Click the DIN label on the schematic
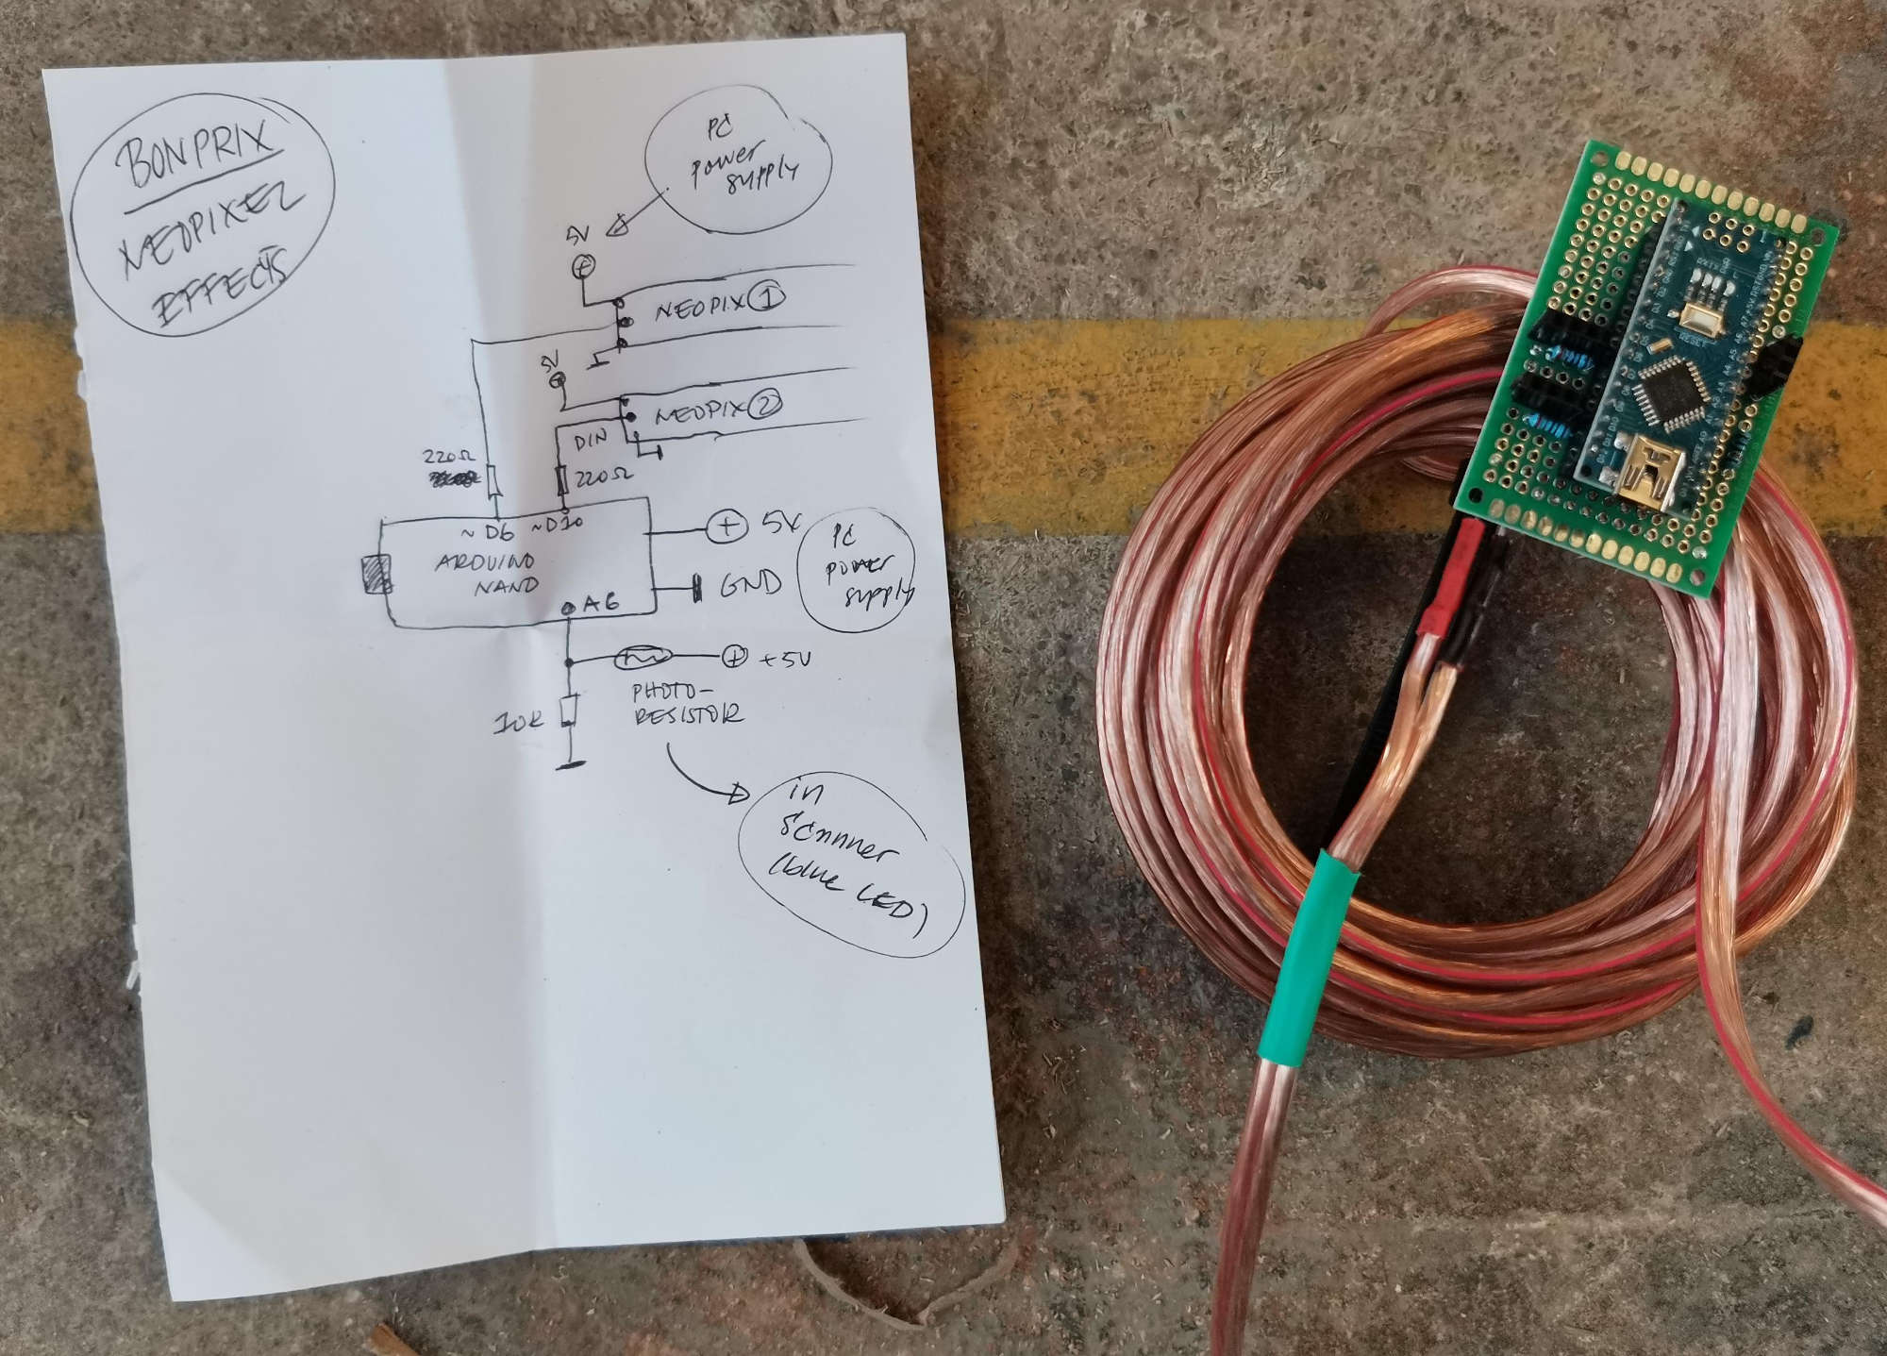pos(592,439)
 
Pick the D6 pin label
pos(493,531)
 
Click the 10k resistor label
pos(518,724)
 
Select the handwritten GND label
pos(750,584)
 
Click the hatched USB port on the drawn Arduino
pos(378,574)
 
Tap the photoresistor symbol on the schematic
pos(643,656)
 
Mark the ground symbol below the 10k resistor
pos(570,764)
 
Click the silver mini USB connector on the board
pos(1643,472)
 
